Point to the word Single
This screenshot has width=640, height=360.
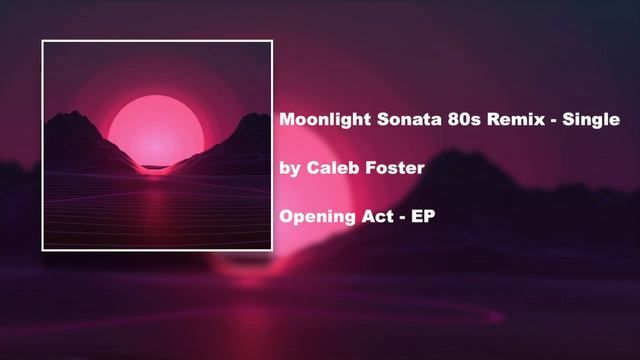click(x=592, y=119)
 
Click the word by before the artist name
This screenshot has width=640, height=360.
click(x=290, y=168)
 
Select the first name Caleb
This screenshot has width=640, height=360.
click(x=333, y=167)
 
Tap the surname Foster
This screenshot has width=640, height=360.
click(x=397, y=167)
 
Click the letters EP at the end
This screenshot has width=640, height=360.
click(x=424, y=216)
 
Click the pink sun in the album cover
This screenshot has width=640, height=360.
click(x=156, y=130)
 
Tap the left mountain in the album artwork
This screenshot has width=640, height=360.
click(x=80, y=140)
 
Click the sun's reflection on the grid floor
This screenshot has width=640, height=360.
click(x=156, y=195)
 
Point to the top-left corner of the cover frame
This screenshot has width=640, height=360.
click(x=42, y=41)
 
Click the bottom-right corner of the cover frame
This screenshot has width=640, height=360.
click(x=272, y=249)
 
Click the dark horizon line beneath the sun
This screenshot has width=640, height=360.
click(x=156, y=166)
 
